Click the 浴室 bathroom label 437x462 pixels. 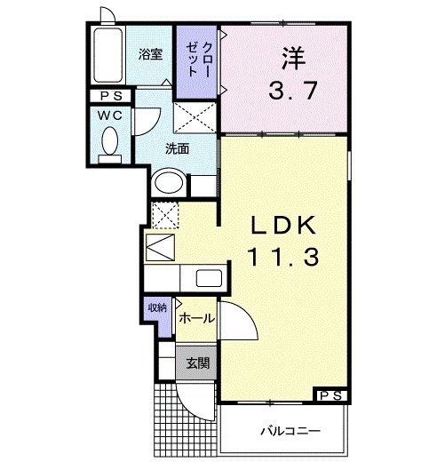150,54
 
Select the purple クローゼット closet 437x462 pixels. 195,61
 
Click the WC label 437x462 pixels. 110,115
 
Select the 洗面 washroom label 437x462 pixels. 177,148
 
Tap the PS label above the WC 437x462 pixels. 111,97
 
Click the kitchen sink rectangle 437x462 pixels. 210,277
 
